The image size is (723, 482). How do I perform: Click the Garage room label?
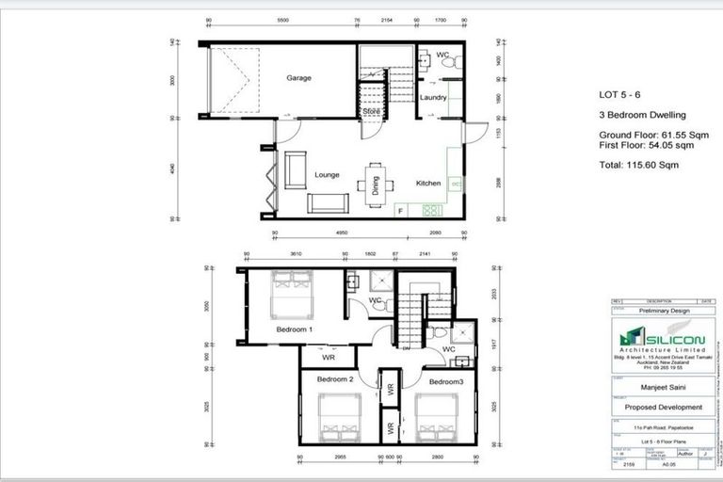(x=298, y=78)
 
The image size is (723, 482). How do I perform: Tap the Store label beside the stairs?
(x=371, y=112)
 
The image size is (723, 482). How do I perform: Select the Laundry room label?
(x=432, y=98)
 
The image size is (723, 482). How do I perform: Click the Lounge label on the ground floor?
(x=327, y=174)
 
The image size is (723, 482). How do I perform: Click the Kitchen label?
(x=429, y=184)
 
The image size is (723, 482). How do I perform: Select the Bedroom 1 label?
(x=295, y=329)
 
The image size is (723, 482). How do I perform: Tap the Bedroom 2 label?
(x=334, y=379)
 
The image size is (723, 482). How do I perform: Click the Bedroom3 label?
(x=446, y=382)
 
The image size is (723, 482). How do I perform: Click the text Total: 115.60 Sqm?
(x=638, y=165)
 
